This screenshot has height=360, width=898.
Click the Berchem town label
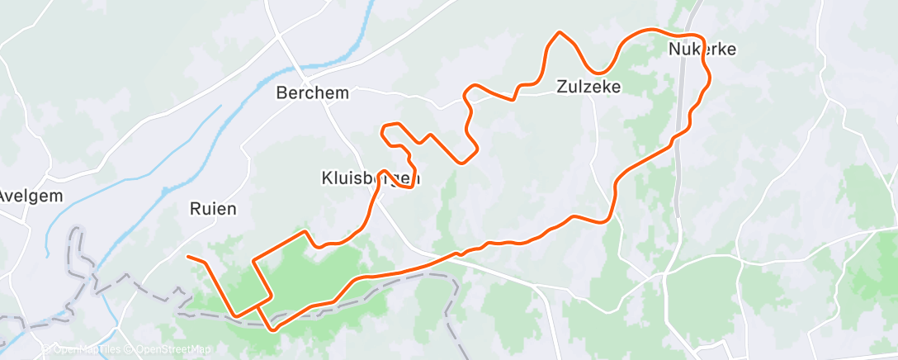click(312, 93)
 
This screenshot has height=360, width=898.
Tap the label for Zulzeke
click(588, 86)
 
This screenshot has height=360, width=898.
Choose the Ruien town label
click(212, 209)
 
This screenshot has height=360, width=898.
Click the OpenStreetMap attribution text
click(169, 350)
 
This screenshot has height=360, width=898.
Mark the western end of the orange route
click(188, 257)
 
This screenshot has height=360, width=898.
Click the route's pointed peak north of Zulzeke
click(560, 33)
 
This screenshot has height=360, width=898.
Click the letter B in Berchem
click(281, 93)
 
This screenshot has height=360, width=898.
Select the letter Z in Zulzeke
click(561, 86)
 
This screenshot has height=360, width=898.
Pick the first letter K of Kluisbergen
click(325, 178)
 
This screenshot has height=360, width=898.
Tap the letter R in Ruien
click(195, 209)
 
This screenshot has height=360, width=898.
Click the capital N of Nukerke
click(673, 50)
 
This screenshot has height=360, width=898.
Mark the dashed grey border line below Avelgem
click(81, 248)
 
